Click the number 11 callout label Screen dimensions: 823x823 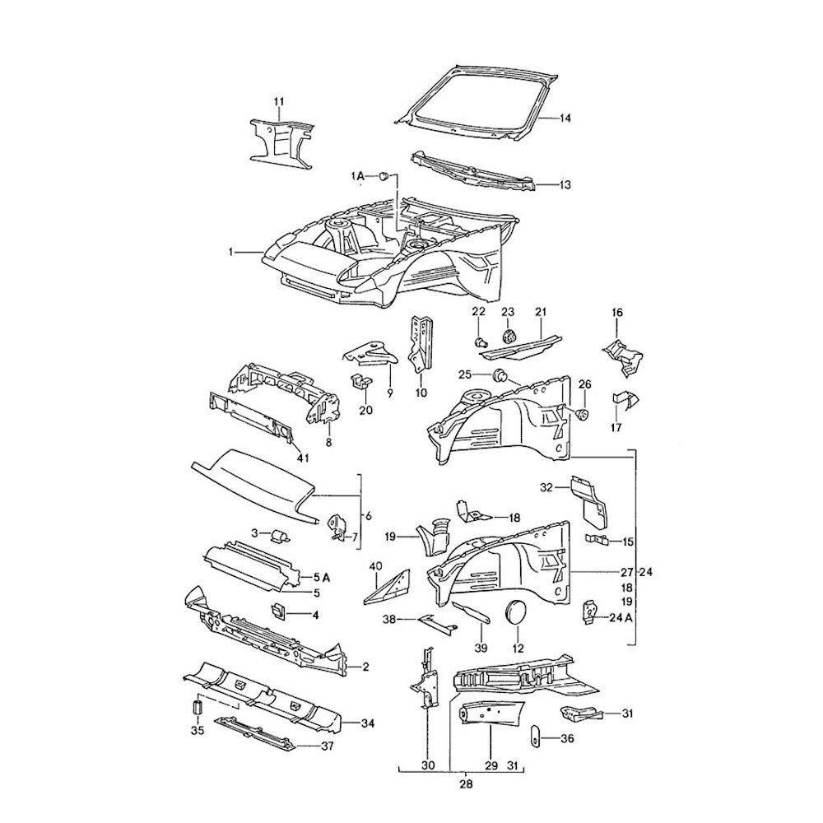click(278, 102)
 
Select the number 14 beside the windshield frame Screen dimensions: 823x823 click(565, 119)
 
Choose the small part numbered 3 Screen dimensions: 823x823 click(279, 536)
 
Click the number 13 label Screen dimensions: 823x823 click(565, 186)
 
